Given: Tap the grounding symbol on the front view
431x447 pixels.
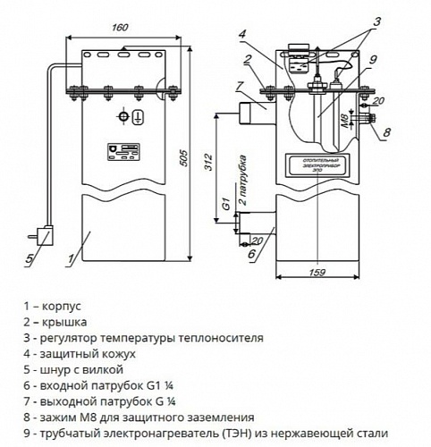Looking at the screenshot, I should coord(138,116).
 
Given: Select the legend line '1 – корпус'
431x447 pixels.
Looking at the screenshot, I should coord(55,320).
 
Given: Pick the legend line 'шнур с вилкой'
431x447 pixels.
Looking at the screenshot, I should coord(73,368).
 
